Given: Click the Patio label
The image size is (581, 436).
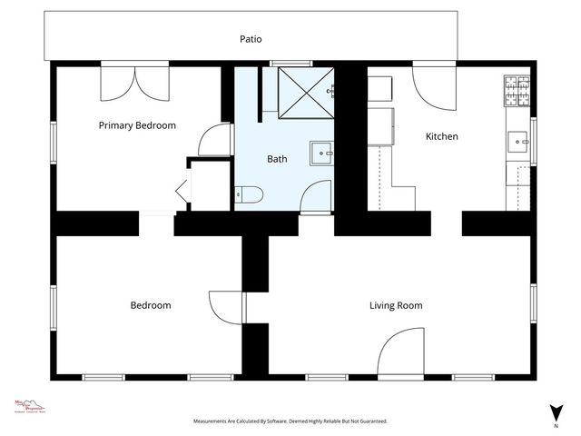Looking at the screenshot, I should (x=251, y=38).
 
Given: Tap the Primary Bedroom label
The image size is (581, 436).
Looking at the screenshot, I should (x=137, y=125).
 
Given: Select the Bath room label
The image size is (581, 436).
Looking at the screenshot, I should (x=277, y=159).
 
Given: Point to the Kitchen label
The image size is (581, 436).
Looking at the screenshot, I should (x=442, y=137).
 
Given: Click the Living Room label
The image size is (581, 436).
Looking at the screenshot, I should (x=396, y=305).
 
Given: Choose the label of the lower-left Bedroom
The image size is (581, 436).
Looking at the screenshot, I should (x=150, y=305).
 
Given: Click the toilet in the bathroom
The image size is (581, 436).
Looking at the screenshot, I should (x=248, y=193).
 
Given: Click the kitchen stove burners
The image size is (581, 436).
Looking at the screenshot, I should (x=517, y=88).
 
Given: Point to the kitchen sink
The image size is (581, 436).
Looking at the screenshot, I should (x=518, y=142).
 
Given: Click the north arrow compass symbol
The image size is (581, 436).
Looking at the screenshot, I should (x=555, y=412).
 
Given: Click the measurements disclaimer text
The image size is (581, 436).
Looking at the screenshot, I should (x=290, y=421).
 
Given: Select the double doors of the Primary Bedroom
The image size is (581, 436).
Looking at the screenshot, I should (x=133, y=84).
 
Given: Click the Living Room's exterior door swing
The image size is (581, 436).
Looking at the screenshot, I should (x=398, y=354).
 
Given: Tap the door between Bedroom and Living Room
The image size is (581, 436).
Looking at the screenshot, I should (x=226, y=305).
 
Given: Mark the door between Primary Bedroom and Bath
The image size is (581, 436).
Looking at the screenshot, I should (x=215, y=139).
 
